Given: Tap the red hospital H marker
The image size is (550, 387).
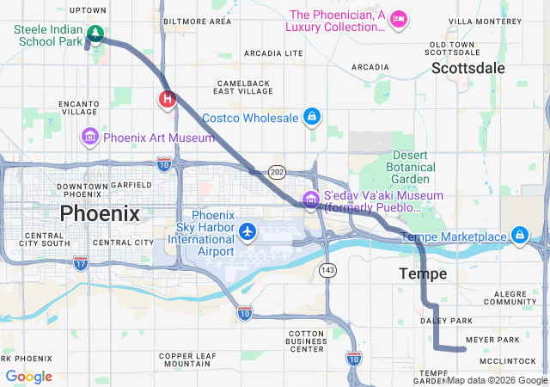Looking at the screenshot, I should pos(168,99).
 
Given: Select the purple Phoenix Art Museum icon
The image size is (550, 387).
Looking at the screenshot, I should pos(90,137).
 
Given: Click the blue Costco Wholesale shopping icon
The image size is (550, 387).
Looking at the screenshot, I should pos(311,117).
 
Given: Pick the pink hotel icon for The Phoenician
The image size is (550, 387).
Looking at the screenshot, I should pos(398,19).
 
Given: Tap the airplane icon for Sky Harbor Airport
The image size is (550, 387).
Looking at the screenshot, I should pos(248,230).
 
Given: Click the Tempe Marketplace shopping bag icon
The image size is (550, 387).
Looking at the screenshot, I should pos(519,235).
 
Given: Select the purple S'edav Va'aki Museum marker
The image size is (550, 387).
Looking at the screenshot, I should pos(310,201).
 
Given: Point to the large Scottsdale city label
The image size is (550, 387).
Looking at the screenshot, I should pos(468,68).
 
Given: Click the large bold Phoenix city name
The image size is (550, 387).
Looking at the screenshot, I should pos(100,213).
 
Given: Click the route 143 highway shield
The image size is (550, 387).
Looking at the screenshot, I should pos(328,270).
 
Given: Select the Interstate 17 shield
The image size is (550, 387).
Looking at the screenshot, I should pos(81,262).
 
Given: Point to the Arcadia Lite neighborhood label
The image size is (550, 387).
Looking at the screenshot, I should pos(273,53).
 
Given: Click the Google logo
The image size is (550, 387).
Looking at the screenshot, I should pos(29,377).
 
